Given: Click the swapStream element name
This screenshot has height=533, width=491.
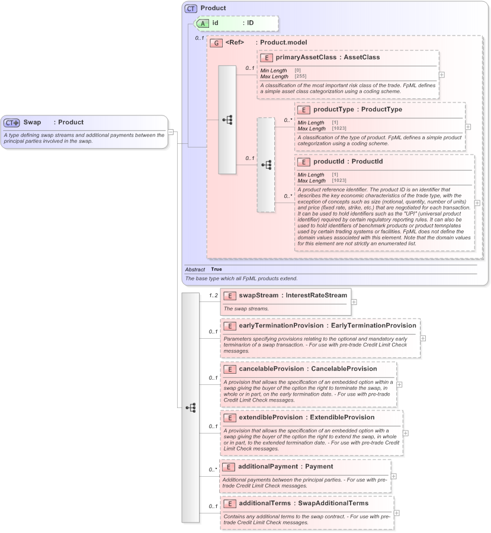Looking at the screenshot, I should click(258, 294).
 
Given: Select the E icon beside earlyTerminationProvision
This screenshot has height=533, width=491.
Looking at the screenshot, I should click(229, 326).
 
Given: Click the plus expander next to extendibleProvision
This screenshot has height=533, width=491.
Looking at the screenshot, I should click(405, 432).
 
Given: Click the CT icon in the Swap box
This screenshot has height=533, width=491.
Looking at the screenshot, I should click(12, 123).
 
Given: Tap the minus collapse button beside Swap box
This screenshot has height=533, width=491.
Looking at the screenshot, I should click(171, 132).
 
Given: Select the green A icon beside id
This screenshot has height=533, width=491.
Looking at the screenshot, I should click(202, 23).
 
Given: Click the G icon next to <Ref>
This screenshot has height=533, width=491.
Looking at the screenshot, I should click(217, 43).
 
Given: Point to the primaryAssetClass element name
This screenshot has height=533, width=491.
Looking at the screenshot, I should click(307, 57).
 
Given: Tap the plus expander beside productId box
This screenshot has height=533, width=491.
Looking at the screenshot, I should click(477, 203).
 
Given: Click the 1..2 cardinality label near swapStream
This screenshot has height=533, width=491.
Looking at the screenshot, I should click(213, 295).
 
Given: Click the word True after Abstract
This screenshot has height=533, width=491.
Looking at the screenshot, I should click(217, 269).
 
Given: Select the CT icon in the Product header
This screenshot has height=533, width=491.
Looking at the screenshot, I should click(191, 8).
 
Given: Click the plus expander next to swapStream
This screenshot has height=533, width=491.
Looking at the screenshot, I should click(354, 301).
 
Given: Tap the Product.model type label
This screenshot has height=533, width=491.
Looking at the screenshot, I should click(283, 43).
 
